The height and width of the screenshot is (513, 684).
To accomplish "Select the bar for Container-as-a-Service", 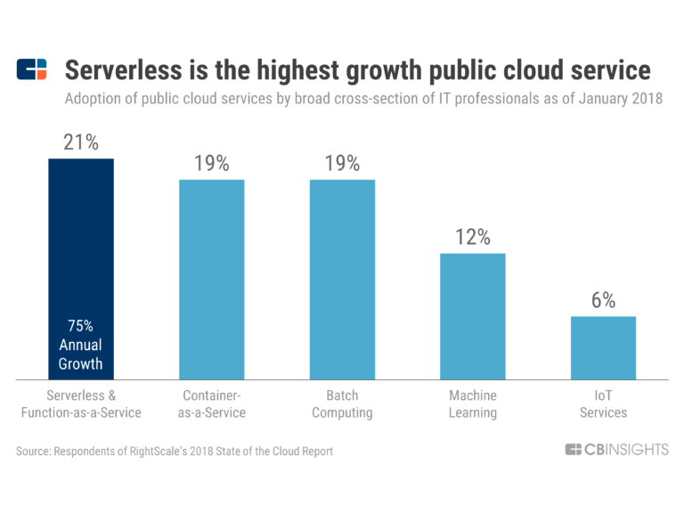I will coord(211,280).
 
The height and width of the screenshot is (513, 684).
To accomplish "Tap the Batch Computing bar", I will coord(342,280).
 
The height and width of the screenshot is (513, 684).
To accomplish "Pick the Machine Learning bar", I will coord(472,316).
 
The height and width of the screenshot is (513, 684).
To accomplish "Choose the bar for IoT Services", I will coord(603,347).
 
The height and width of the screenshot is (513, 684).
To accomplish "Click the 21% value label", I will coord(81,142).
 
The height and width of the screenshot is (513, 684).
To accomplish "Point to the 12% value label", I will coord(472,237).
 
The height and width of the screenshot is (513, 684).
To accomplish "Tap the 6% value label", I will coord(603,300).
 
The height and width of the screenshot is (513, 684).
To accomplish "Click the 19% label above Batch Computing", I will coord(342,164).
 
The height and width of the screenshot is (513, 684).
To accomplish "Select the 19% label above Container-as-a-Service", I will coord(211,164).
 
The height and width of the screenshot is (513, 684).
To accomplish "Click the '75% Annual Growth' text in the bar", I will coord(81,344).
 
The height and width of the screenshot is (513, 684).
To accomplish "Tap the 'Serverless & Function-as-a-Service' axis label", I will coord(81,403).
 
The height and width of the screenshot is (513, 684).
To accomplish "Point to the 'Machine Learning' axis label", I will coord(472,403).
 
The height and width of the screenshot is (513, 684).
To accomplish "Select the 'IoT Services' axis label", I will coord(603,403).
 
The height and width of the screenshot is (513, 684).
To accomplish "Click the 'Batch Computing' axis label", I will coord(342,403).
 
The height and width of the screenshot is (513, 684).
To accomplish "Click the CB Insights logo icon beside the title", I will coord(32,69).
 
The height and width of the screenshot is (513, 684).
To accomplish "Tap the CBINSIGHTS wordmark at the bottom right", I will coord(616,450).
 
